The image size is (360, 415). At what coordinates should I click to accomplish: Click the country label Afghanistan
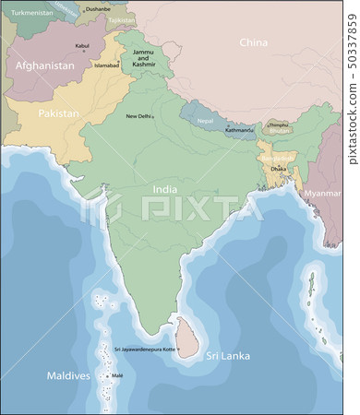(44, 65)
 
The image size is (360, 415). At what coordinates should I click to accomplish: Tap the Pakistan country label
(59, 113)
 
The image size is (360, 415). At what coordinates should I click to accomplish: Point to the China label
(253, 42)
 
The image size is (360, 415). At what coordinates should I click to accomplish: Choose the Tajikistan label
(121, 19)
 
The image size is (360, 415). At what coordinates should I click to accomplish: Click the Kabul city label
(82, 44)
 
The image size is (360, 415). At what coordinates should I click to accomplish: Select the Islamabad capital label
(107, 65)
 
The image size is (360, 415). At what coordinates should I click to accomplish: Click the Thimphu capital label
(277, 124)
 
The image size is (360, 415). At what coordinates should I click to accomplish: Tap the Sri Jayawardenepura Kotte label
(145, 350)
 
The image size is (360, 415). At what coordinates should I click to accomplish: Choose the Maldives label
(69, 376)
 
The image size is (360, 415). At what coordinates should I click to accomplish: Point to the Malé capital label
(117, 376)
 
